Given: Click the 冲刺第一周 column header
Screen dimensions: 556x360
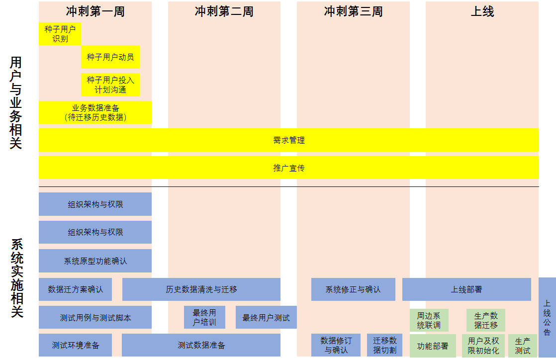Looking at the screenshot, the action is coord(95,11).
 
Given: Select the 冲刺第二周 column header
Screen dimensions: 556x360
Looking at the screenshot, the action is coord(224,11).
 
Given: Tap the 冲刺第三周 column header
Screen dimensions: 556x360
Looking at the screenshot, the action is coord(353,11).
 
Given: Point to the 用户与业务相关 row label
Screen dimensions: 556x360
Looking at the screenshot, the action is coord(16,103).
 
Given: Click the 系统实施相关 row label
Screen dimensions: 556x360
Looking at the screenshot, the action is coord(16,278).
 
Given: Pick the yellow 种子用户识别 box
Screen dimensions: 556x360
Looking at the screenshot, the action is coord(60,34).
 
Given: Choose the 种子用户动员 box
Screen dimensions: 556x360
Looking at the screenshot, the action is coord(110,57).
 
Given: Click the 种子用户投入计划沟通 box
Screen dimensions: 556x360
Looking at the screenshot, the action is coord(110,85).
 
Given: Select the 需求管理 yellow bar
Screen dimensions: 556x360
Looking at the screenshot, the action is coord(288,140).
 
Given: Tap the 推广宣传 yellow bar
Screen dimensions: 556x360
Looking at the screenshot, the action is coord(288,168).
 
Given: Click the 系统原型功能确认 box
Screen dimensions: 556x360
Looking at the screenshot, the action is coord(95,261).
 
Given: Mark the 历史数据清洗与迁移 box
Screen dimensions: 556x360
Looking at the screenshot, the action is coord(201,289).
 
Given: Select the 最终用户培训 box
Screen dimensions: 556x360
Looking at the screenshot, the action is coord(204,317).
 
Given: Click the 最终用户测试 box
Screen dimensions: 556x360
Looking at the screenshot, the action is coord(266,317).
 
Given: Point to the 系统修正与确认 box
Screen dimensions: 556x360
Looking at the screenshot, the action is coord(353,289).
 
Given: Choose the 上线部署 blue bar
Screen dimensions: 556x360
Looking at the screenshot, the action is coord(466,289).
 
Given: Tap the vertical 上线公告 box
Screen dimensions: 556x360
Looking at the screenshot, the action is coord(547,317).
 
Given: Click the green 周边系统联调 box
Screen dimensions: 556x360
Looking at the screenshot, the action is coord(429,320).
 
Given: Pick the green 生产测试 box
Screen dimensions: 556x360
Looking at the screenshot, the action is coord(522,346).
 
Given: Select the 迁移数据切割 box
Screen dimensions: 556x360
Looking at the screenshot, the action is coord(384,345).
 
